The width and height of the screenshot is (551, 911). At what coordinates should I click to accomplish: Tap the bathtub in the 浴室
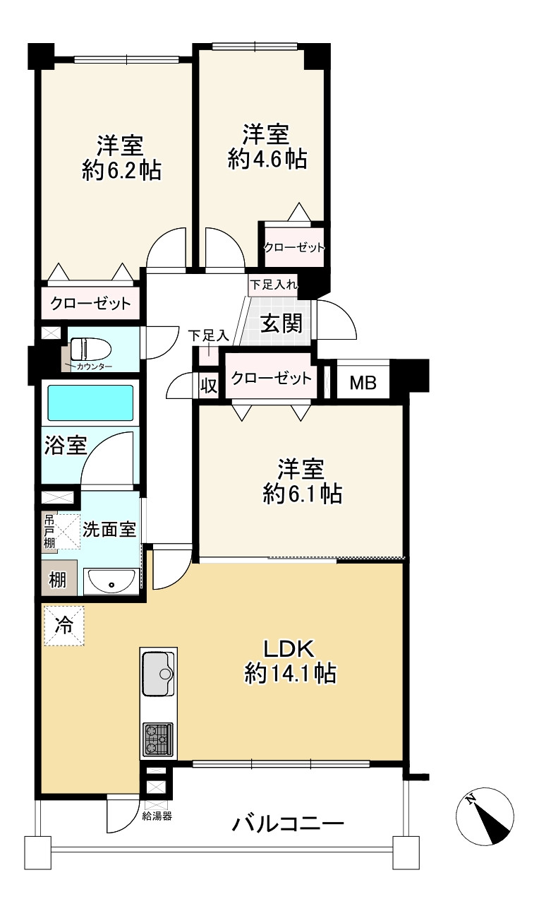click(90, 403)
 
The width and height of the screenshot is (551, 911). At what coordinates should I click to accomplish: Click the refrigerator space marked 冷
click(63, 626)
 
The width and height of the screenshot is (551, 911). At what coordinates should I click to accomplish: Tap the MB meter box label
click(363, 383)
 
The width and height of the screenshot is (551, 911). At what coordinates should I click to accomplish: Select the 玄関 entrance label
click(281, 323)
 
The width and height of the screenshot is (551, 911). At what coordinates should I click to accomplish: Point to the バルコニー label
click(288, 824)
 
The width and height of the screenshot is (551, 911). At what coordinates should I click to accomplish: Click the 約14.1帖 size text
click(290, 673)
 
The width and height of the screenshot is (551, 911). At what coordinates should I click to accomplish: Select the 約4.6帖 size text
click(267, 158)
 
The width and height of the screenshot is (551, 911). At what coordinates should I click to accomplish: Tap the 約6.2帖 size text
click(122, 170)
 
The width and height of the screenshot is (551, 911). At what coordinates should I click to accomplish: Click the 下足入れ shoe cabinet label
click(274, 285)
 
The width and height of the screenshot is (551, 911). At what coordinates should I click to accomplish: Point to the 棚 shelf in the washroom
click(57, 580)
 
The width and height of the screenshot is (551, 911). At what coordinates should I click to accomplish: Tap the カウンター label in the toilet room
click(94, 367)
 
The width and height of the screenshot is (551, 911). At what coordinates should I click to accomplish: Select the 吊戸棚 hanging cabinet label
click(49, 532)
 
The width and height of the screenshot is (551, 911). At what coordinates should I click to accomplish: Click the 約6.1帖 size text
click(303, 494)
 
